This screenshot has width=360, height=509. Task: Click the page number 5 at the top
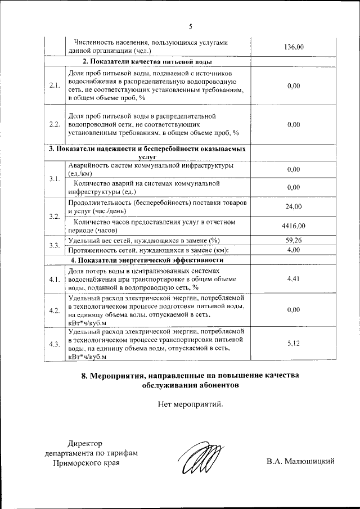point(191,26)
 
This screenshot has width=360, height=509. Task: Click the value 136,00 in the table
point(294,47)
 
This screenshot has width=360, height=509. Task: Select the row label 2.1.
point(55,85)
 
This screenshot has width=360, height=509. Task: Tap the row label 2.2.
point(55,124)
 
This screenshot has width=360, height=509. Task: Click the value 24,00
point(294,206)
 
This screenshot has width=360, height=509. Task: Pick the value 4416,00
point(294,226)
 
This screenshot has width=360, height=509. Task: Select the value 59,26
point(294,241)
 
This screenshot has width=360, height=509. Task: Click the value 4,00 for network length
point(294,250)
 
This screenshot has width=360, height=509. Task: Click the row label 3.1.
point(55,179)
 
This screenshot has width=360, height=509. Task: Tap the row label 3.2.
point(55,217)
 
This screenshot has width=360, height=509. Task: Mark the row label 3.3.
point(55,245)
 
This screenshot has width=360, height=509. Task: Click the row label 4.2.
point(55,310)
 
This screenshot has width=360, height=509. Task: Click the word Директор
point(85,443)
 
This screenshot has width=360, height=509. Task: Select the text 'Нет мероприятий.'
point(191,404)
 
